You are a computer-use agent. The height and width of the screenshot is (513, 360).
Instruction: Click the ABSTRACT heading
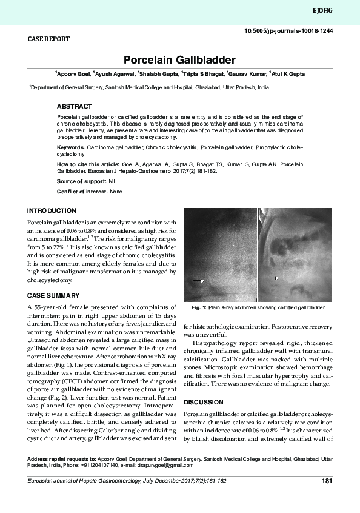pyautogui.click(x=74, y=106)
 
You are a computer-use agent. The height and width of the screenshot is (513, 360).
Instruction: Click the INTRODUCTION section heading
pyautogui.click(x=52, y=211)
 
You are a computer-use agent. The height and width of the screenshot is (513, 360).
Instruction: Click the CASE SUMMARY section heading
pyautogui.click(x=53, y=295)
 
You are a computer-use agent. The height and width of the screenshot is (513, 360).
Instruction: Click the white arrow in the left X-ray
pyautogui.click(x=198, y=281)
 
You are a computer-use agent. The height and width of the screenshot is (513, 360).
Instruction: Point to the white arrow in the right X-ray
pyautogui.click(x=273, y=278)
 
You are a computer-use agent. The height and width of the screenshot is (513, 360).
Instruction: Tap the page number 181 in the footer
pyautogui.click(x=327, y=482)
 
